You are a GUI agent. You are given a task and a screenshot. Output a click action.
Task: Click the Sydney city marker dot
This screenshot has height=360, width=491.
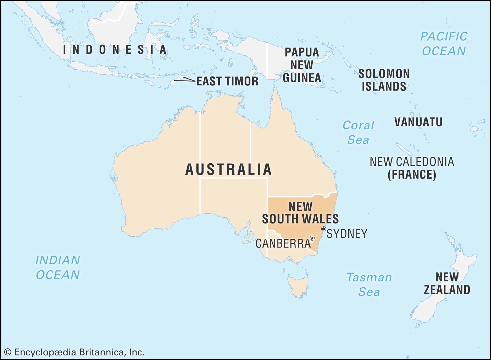click(x=323, y=229)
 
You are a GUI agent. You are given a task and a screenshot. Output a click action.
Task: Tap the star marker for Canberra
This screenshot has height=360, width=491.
click(x=312, y=238)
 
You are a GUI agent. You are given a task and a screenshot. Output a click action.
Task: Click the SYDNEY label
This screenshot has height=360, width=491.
click(x=347, y=234)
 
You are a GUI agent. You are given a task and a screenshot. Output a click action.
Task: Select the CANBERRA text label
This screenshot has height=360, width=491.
click(x=283, y=244)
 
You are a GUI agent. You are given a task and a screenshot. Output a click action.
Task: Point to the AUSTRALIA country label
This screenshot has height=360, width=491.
click(x=229, y=169)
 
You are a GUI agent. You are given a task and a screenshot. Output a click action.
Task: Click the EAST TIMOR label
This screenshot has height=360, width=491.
click(x=227, y=81)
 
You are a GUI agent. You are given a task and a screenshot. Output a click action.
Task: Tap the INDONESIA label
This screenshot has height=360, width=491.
click(x=115, y=50)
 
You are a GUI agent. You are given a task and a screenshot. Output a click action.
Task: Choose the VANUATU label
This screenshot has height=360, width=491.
click(x=418, y=122)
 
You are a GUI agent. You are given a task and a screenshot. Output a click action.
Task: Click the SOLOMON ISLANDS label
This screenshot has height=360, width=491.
click(x=384, y=80)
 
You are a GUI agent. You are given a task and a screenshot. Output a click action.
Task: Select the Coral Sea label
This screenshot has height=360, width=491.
click(x=358, y=133)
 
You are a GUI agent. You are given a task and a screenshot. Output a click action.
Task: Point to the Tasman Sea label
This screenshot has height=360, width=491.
click(x=369, y=285)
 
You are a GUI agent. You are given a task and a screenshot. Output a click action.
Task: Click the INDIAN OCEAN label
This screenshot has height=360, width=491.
click(x=58, y=267)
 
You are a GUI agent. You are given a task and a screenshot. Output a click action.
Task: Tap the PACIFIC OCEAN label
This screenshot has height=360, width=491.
click(x=444, y=44)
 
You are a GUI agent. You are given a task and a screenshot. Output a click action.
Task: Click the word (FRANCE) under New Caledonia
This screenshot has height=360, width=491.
click(x=412, y=175)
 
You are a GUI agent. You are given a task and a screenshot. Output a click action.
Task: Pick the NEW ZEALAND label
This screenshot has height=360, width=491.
click(x=447, y=283)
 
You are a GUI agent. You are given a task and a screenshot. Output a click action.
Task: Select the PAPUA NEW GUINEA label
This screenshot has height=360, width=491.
click(x=302, y=65)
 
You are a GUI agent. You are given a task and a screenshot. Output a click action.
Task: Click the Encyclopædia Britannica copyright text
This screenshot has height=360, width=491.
click(x=74, y=352)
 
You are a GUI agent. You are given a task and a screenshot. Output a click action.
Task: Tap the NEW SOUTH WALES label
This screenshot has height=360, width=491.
click(x=300, y=213)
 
